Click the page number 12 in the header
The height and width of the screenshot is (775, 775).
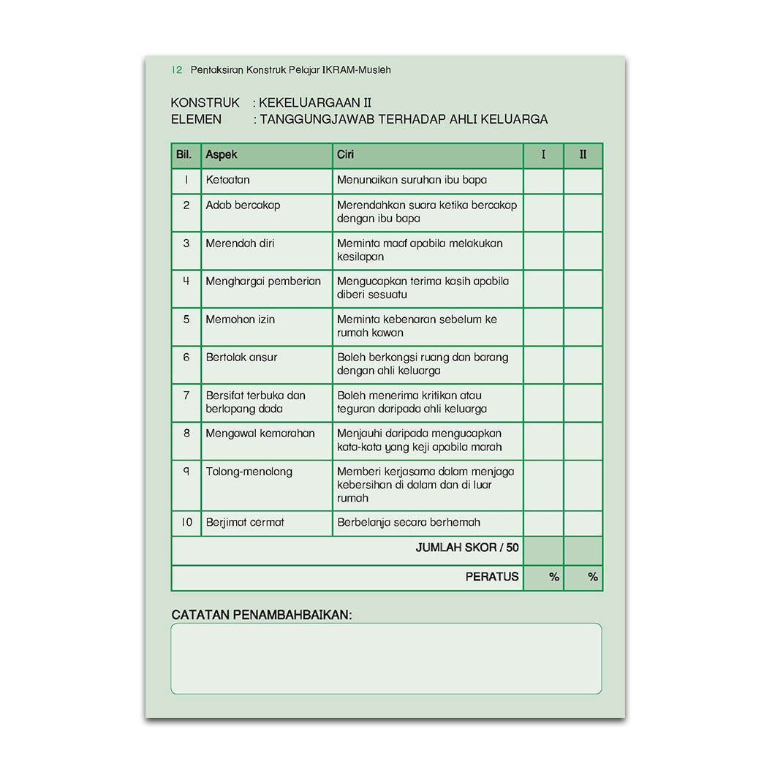[176, 70]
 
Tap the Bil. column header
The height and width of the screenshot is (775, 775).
[185, 155]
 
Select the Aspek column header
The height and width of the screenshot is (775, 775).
[222, 155]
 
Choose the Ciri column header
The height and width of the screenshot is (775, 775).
[345, 155]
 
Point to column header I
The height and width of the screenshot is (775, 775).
[543, 155]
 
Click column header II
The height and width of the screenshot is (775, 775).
[583, 155]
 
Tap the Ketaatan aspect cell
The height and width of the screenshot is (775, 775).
[227, 180]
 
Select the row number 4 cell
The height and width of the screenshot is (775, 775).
[186, 281]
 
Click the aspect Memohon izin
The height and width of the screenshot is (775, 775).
[240, 320]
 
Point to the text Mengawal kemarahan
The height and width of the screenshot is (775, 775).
[260, 434]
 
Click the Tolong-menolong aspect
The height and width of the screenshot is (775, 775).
[249, 472]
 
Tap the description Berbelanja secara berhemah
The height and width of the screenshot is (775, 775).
[408, 523]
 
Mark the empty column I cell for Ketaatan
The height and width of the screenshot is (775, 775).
[543, 181]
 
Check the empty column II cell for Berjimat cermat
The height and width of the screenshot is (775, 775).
[583, 523]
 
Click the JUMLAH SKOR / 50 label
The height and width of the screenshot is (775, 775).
[467, 548]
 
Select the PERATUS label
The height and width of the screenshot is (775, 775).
[491, 577]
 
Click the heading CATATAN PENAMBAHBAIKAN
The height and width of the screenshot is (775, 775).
[261, 615]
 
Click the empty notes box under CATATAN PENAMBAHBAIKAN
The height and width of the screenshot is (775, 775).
[386, 658]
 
